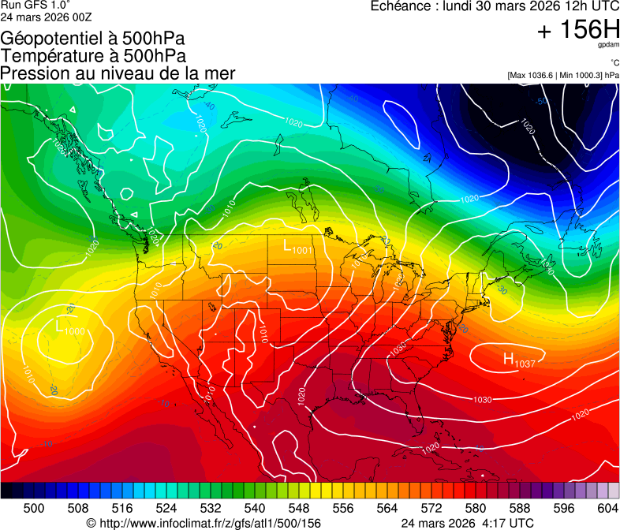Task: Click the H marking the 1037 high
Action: click(x=510, y=359)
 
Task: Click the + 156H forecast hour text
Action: click(x=578, y=30)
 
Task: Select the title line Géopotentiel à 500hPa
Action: click(x=93, y=39)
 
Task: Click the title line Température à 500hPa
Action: click(x=93, y=56)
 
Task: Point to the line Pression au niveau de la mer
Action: click(x=118, y=73)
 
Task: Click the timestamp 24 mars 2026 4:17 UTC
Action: click(x=467, y=523)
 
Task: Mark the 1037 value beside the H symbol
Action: click(x=525, y=364)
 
